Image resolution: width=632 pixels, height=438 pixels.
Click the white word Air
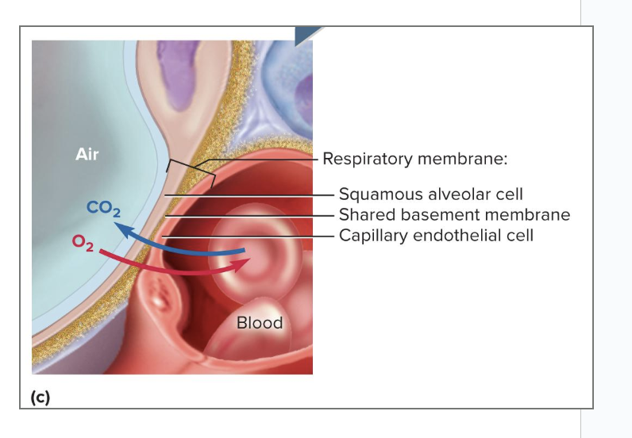click(87, 155)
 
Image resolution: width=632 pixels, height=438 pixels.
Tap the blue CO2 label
click(103, 209)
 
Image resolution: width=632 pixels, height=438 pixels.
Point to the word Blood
click(260, 323)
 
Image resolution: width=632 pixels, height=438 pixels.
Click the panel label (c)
click(40, 398)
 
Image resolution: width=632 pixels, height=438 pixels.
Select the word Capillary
click(372, 236)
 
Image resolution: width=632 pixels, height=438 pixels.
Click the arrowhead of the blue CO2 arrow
click(120, 230)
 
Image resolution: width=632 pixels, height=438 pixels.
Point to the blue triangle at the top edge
click(307, 33)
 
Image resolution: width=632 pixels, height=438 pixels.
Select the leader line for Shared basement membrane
click(254, 216)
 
